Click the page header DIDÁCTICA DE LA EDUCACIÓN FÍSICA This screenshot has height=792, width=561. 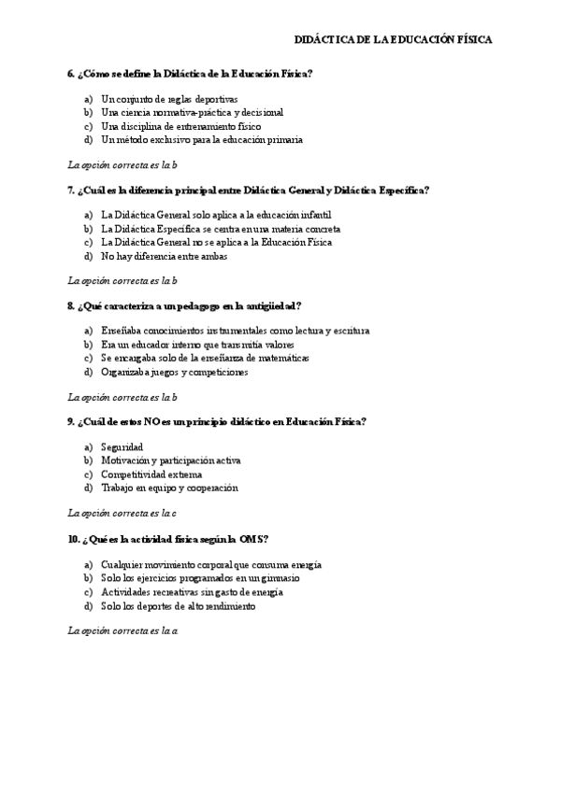[x=393, y=40]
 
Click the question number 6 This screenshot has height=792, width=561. [x=70, y=73]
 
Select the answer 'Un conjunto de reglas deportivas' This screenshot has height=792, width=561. [x=168, y=99]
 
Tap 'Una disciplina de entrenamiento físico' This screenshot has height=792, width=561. [x=180, y=126]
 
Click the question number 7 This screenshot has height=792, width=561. [x=70, y=190]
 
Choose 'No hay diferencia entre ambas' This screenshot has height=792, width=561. [x=164, y=256]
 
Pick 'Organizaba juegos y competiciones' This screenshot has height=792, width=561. [x=174, y=372]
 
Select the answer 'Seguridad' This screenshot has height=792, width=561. [x=122, y=447]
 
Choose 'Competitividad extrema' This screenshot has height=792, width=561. [x=151, y=474]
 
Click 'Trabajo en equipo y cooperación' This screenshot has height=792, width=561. [x=169, y=488]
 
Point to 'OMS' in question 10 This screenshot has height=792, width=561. [x=253, y=538]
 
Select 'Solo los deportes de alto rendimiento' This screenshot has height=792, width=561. [x=178, y=605]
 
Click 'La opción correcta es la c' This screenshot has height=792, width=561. [x=122, y=513]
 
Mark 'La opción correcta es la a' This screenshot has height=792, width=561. [x=122, y=630]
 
